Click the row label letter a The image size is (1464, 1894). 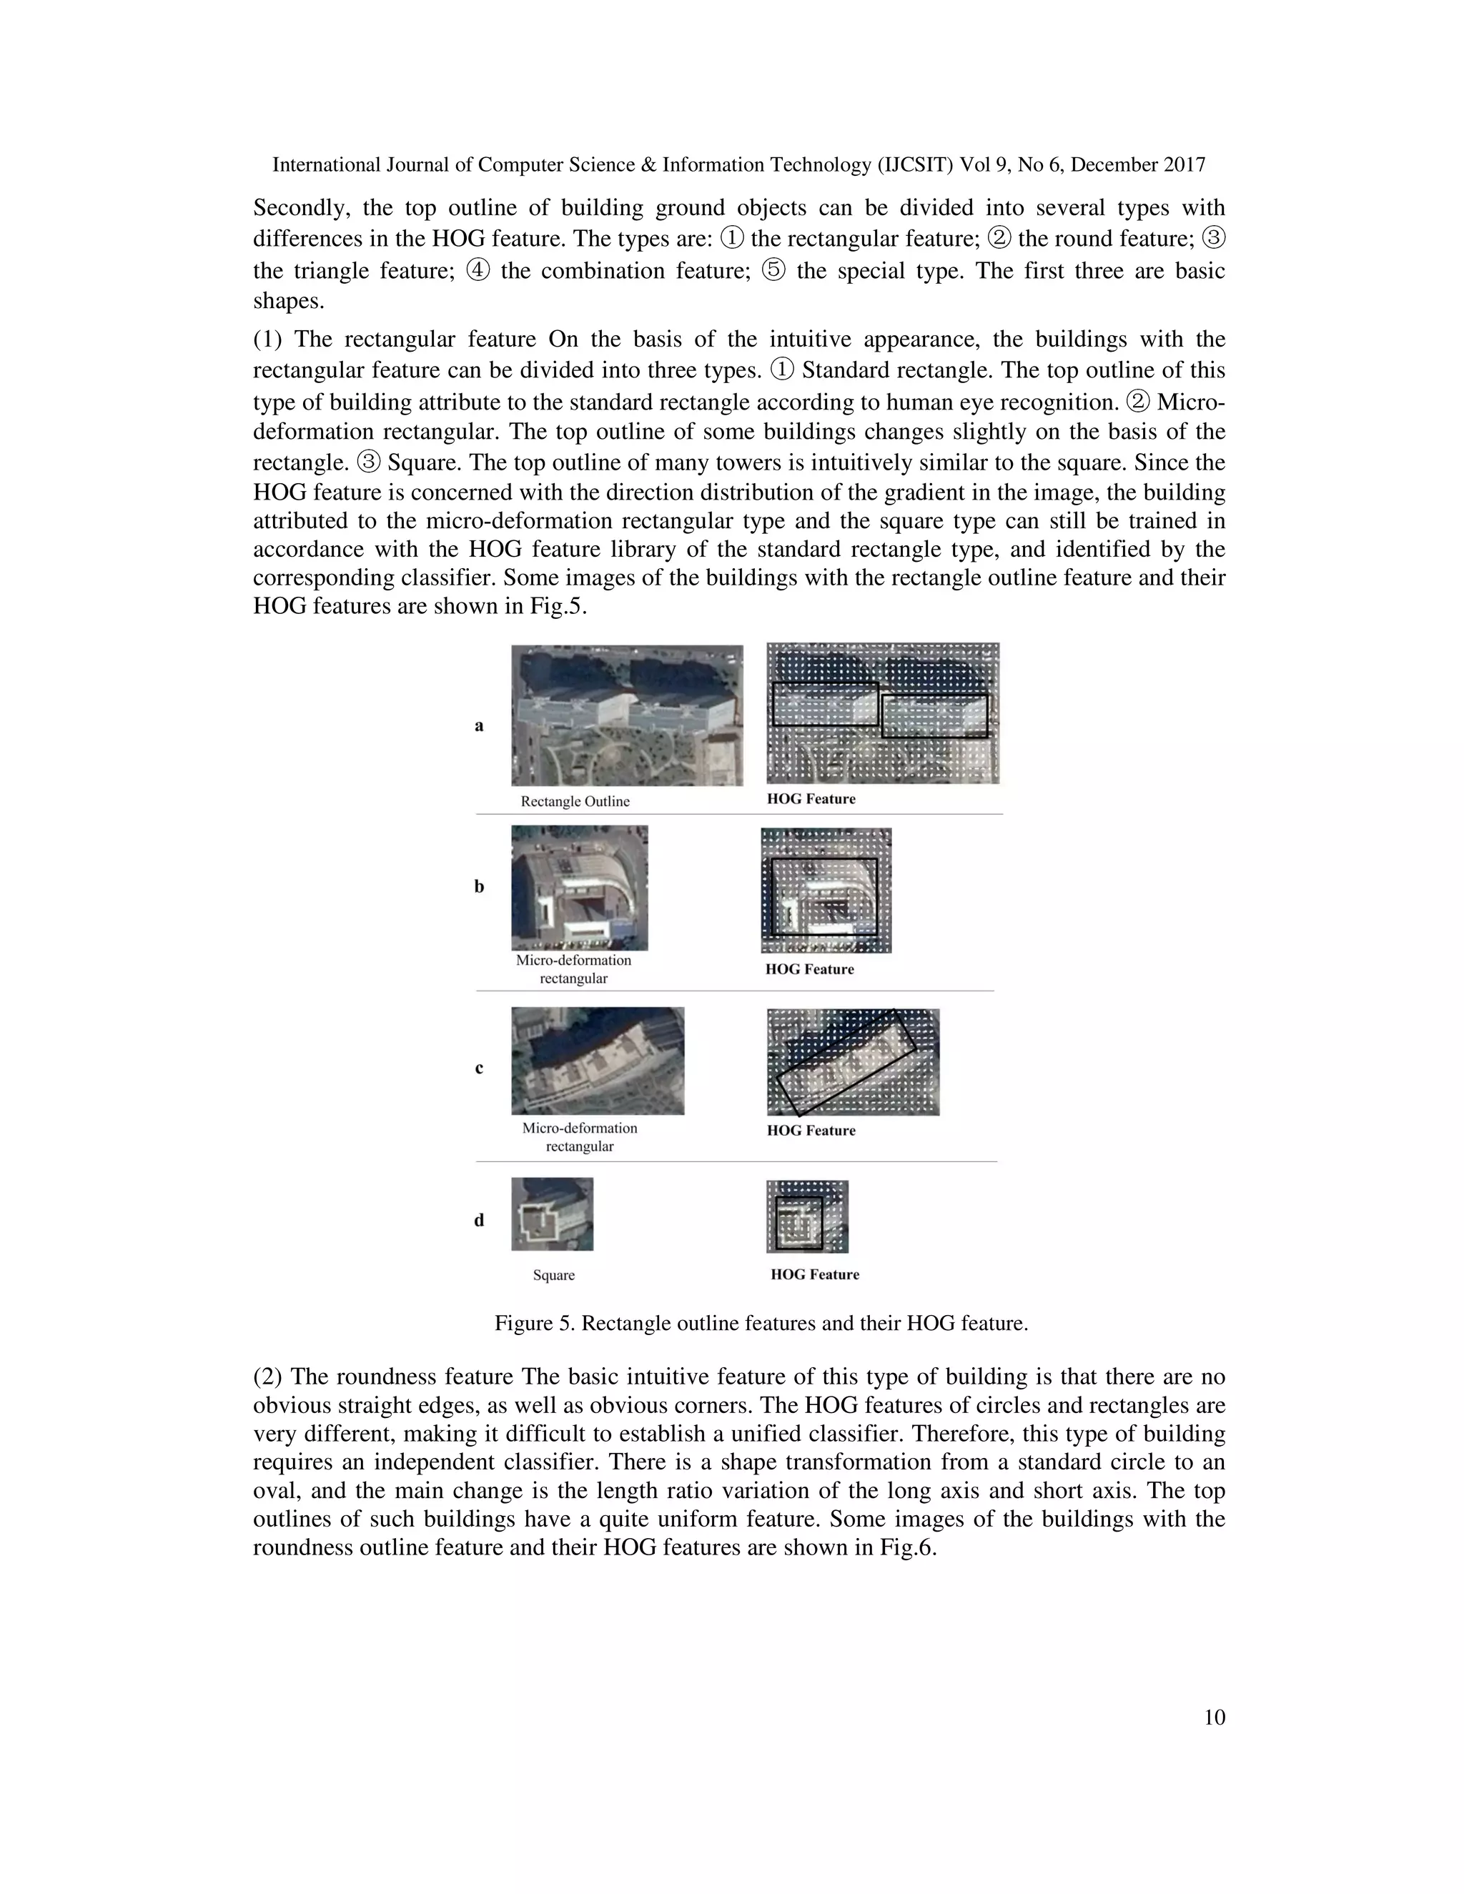tap(479, 726)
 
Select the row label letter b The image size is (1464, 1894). tap(479, 886)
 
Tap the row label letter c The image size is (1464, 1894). tap(479, 1068)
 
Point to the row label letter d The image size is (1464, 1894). tap(479, 1220)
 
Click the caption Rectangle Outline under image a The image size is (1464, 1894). tap(575, 801)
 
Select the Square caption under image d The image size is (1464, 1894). tap(553, 1275)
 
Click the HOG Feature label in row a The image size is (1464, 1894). tap(811, 799)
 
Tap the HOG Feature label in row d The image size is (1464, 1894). tap(814, 1274)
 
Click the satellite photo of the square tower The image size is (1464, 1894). tap(553, 1214)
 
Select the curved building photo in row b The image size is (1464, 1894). tap(579, 887)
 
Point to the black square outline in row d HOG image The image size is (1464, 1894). tap(798, 1223)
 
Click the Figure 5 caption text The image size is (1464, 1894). tap(761, 1324)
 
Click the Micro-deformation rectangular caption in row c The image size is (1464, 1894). tap(579, 1137)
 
